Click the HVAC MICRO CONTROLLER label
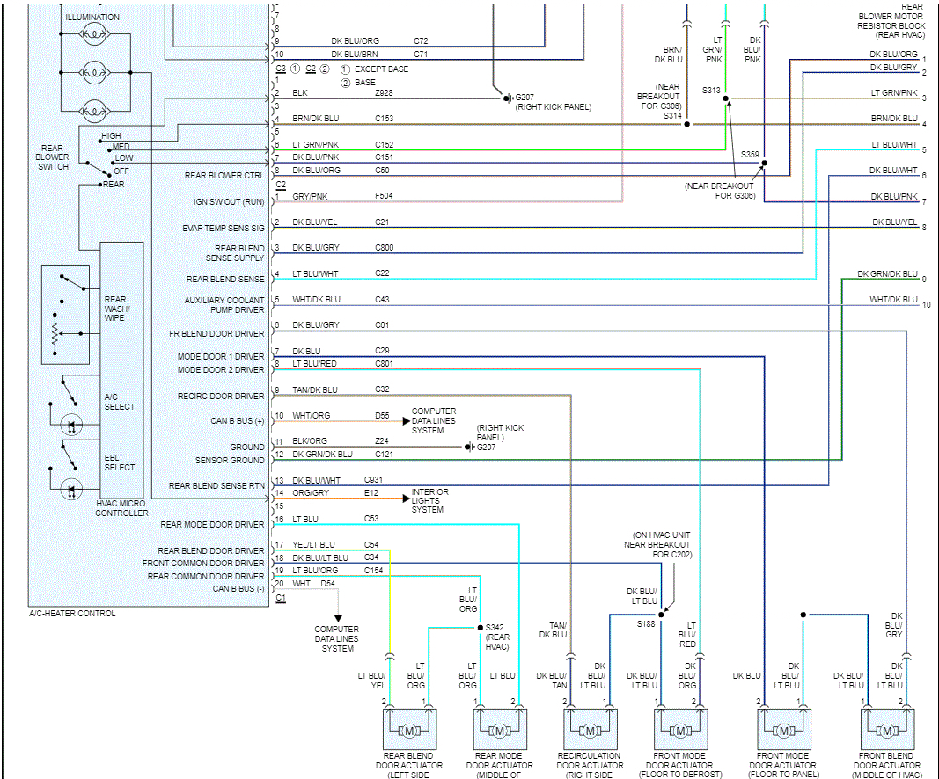pyautogui.click(x=121, y=507)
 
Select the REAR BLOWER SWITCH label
pyautogui.click(x=52, y=157)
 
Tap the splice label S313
pyautogui.click(x=711, y=91)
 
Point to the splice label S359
pyautogui.click(x=749, y=154)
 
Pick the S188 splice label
pyautogui.click(x=646, y=623)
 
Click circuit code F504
pyautogui.click(x=384, y=196)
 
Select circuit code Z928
pyautogui.click(x=384, y=92)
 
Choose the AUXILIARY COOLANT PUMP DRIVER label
pyautogui.click(x=224, y=304)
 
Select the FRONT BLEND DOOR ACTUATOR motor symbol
pyautogui.click(x=884, y=731)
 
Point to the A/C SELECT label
pyautogui.click(x=120, y=402)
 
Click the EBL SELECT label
pyautogui.click(x=120, y=462)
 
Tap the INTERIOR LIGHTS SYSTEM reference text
pyautogui.click(x=429, y=501)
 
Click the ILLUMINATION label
pyautogui.click(x=92, y=18)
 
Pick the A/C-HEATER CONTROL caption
pyautogui.click(x=72, y=614)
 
